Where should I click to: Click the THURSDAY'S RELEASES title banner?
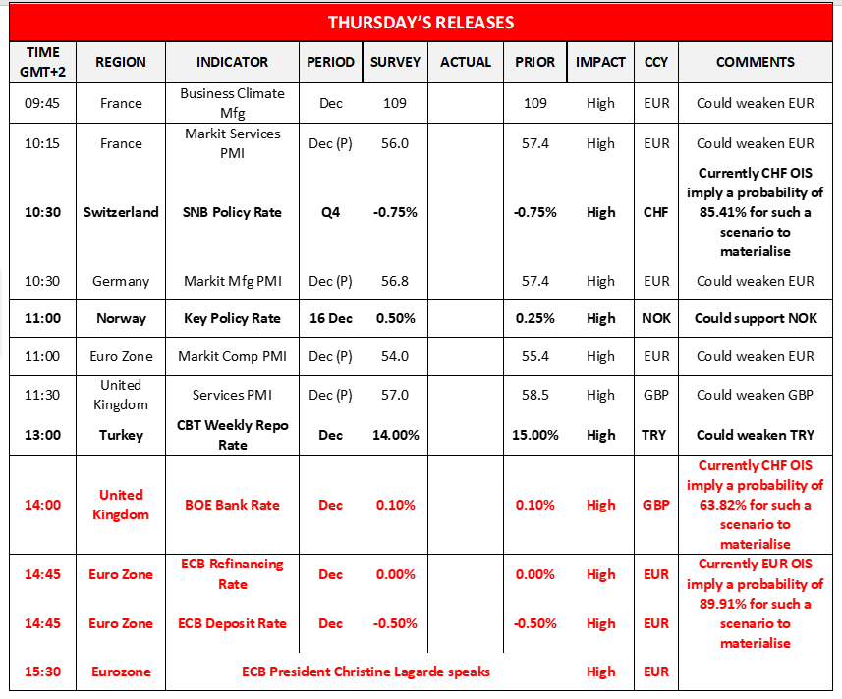pos(421,22)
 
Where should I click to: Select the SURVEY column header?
pos(395,62)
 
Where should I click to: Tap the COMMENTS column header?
pos(755,62)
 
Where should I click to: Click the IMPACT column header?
pos(600,62)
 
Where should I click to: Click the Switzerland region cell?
pos(121,212)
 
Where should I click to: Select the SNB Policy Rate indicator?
pos(232,212)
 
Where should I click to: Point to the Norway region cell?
pos(121,318)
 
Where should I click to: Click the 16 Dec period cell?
pos(331,318)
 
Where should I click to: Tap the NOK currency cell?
pos(656,318)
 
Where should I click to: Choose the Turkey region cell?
pos(121,435)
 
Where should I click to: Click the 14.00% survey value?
pos(395,435)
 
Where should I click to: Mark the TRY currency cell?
pos(656,435)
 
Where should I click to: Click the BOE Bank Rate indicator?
pos(232,505)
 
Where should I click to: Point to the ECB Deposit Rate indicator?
pos(232,623)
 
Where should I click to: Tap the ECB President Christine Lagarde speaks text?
pos(365,672)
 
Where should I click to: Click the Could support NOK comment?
pos(755,318)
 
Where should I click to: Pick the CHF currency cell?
pos(656,212)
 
